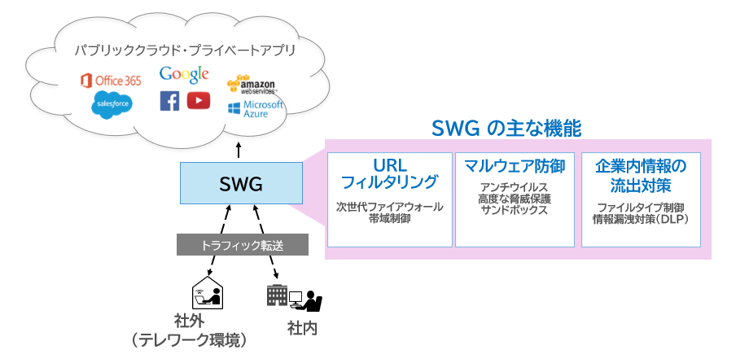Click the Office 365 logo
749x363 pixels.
(110, 81)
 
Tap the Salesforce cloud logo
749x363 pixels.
(111, 105)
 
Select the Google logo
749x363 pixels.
(185, 75)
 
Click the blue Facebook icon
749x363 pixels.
(169, 101)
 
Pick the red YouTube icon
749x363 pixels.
(199, 100)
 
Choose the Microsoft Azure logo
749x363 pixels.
(256, 110)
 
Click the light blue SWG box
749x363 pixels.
(240, 183)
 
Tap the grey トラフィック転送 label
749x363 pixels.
(243, 243)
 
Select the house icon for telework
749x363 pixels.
(207, 293)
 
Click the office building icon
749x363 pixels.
(277, 296)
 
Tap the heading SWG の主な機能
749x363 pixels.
(506, 128)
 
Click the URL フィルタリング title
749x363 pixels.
(389, 173)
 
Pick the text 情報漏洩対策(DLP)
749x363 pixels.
(641, 219)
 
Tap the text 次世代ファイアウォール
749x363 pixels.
(389, 207)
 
